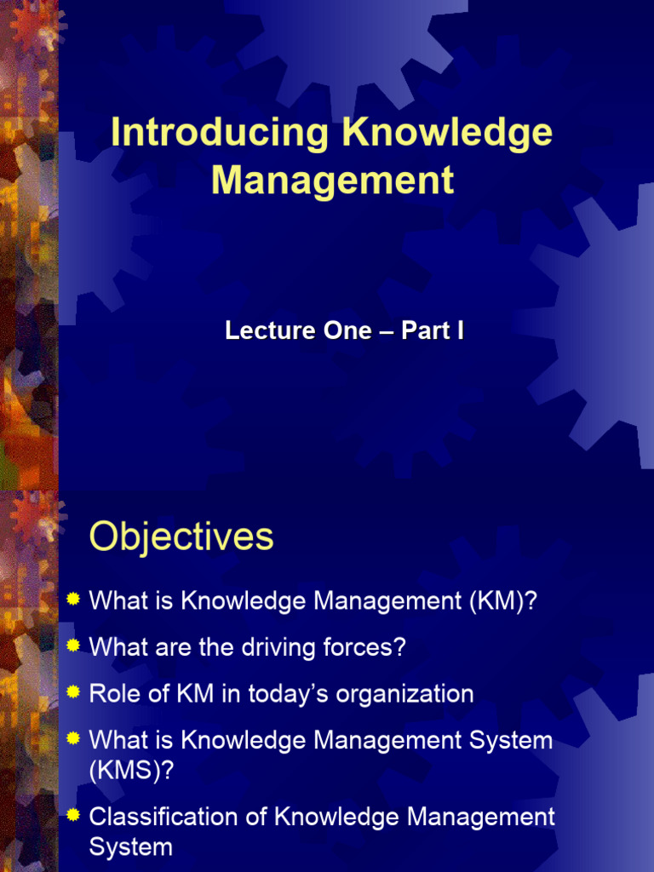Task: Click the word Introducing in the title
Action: pos(220,134)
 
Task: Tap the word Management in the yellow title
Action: pos(333,181)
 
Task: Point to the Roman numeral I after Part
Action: pos(460,331)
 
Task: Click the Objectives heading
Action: pos(181,537)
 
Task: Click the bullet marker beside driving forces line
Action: pos(73,646)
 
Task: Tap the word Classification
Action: pos(173,817)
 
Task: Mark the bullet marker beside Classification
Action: pos(73,816)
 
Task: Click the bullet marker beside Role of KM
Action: pos(73,692)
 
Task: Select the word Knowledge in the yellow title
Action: pos(447,134)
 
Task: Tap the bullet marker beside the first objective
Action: pos(73,600)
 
